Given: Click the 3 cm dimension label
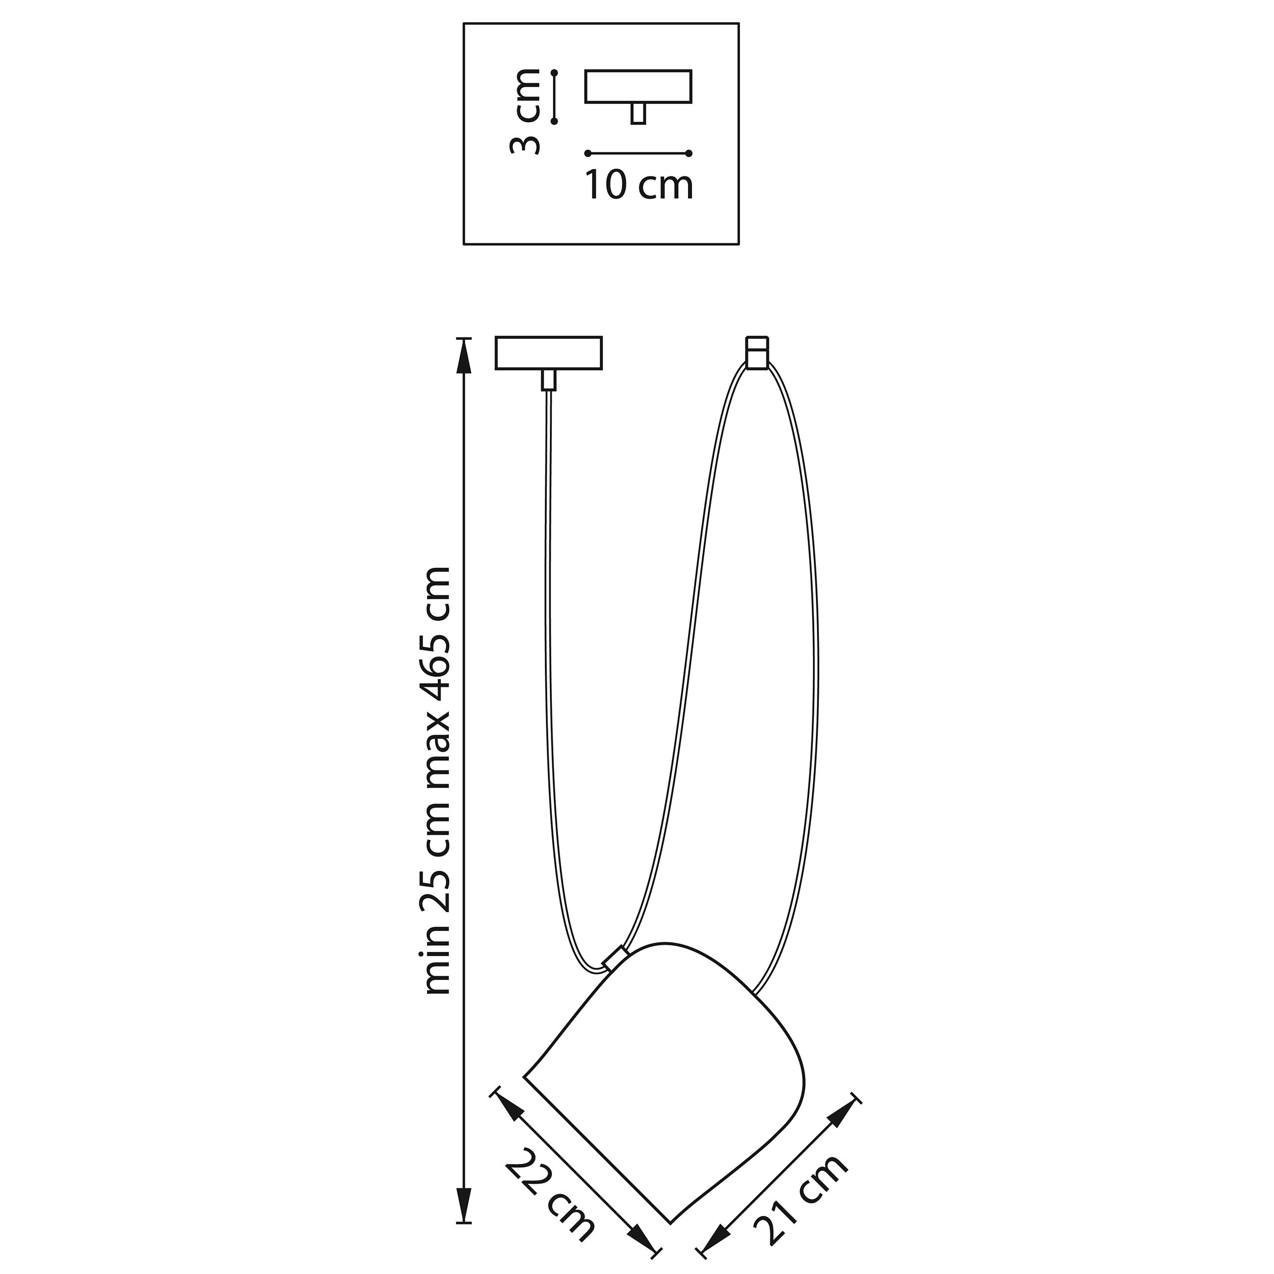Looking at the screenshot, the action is [x=526, y=112].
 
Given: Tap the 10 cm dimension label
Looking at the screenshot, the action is [x=640, y=185].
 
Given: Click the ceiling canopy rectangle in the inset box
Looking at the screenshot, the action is [x=639, y=87].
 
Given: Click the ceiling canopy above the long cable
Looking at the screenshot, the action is [x=549, y=354].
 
